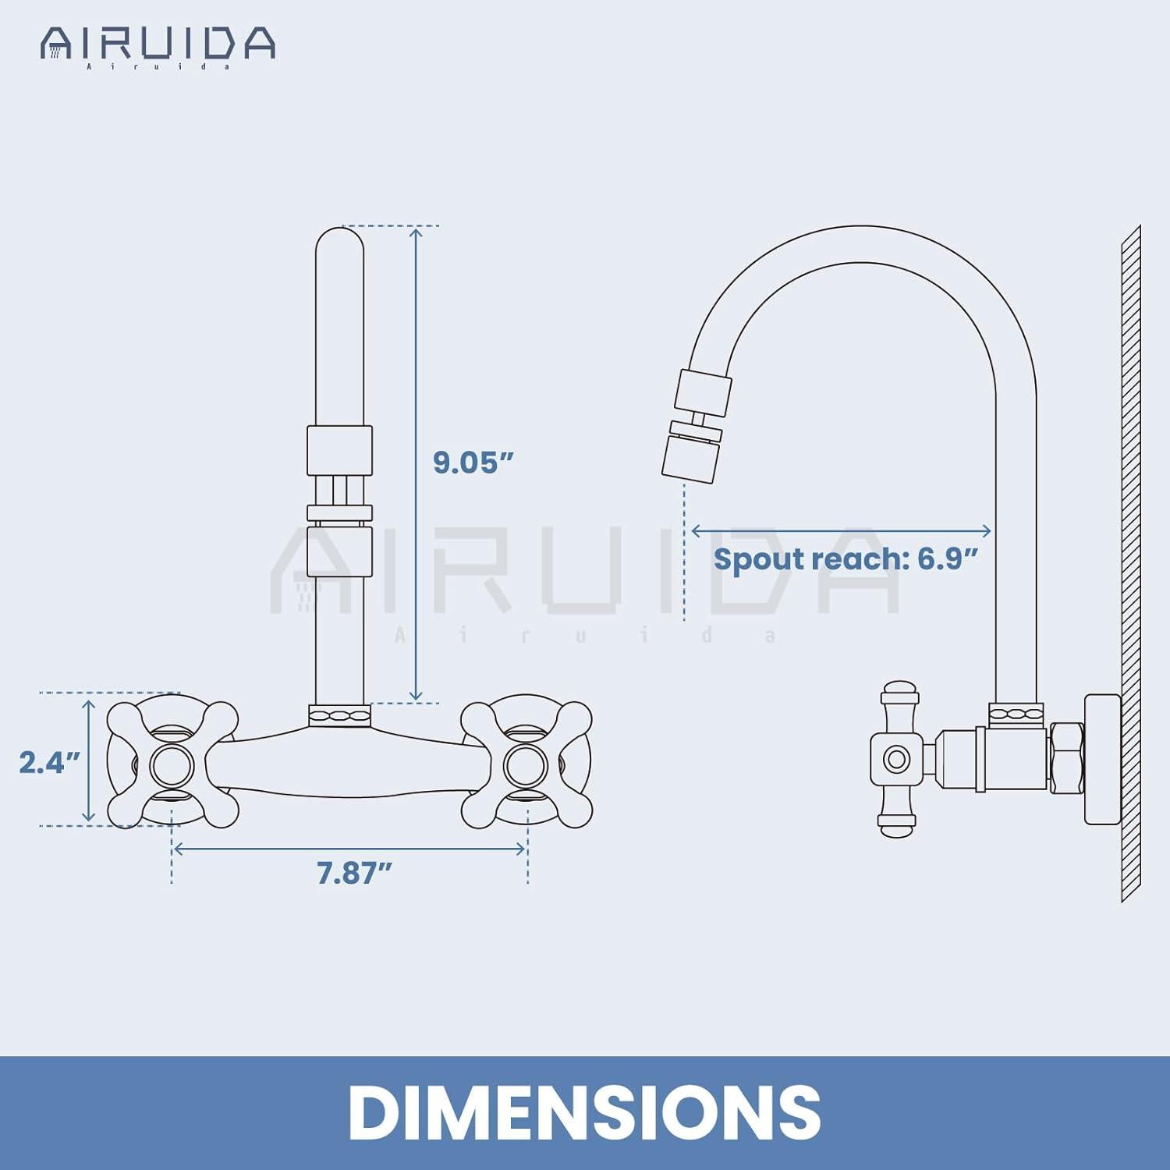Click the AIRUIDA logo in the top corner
158,45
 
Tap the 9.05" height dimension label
473,462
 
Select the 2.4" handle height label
49,762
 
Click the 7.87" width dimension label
353,873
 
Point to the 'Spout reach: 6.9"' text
845,559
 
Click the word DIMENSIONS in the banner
584,1112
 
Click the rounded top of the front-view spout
339,242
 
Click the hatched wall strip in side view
1130,562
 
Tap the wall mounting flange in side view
1102,759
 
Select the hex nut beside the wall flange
1065,759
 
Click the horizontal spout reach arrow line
841,531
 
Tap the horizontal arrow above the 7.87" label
349,849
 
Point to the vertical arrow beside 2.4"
89,760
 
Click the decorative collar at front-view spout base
339,715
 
